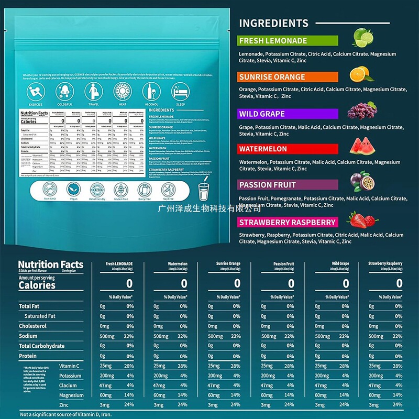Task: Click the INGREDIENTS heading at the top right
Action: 273,23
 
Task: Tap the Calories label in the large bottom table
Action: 37,285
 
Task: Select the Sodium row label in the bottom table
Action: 28,336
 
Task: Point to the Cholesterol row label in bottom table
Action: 32,326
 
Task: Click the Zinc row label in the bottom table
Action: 64,405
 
